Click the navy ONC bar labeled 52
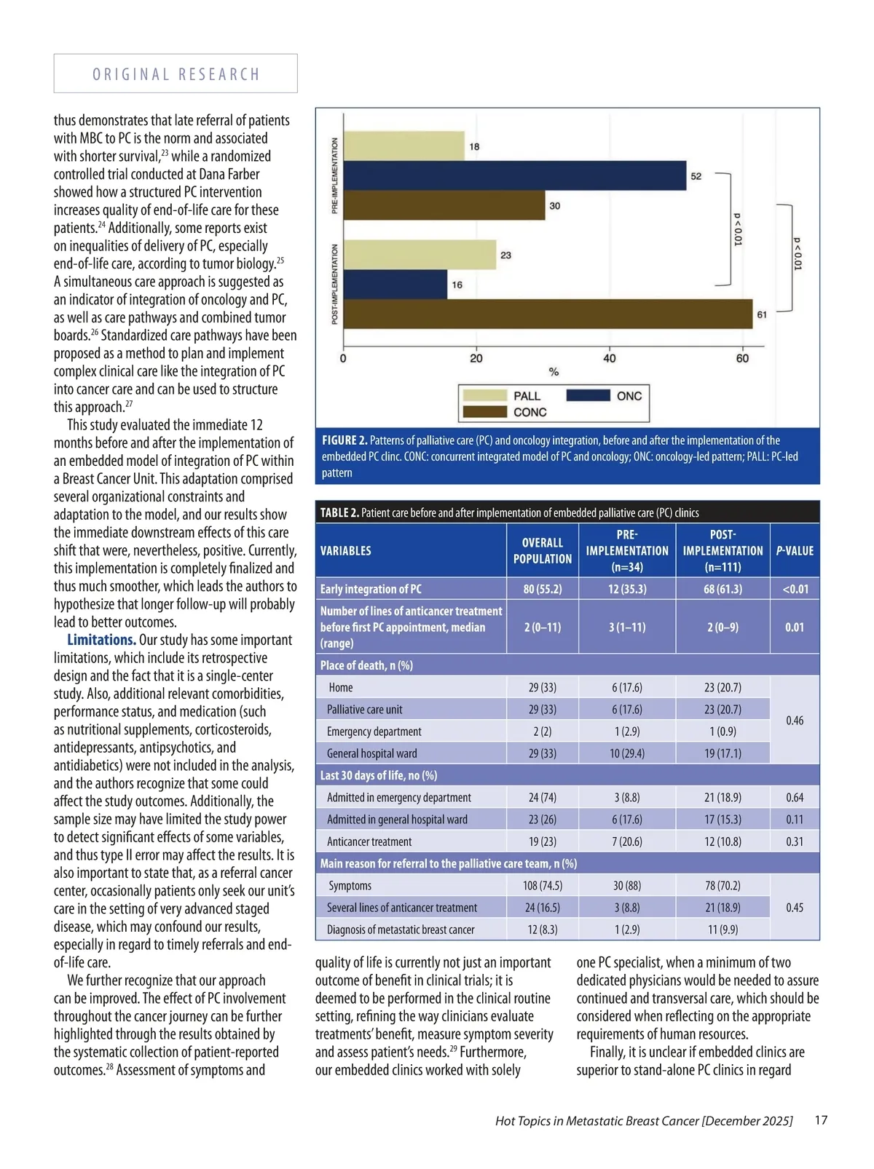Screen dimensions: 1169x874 514,175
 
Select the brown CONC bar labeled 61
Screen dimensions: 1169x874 548,314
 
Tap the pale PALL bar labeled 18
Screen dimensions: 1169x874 403,146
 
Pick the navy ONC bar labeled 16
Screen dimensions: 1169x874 395,284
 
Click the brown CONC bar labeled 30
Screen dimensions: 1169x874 444,205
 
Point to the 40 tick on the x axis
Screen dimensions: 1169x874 610,358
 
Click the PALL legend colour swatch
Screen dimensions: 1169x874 485,395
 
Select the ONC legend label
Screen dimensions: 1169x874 629,396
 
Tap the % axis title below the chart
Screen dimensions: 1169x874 554,372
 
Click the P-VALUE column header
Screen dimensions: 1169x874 795,551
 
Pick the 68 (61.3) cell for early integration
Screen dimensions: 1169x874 723,589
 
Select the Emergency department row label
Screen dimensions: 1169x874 374,732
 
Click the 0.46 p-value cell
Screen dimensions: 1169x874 795,721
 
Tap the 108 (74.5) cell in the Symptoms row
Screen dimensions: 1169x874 543,886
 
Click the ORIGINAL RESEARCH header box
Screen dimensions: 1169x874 176,74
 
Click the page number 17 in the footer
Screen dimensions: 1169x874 821,1120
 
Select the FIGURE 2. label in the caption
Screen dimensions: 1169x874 345,440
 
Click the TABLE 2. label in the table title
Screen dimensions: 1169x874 339,512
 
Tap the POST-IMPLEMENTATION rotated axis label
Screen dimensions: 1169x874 335,284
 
